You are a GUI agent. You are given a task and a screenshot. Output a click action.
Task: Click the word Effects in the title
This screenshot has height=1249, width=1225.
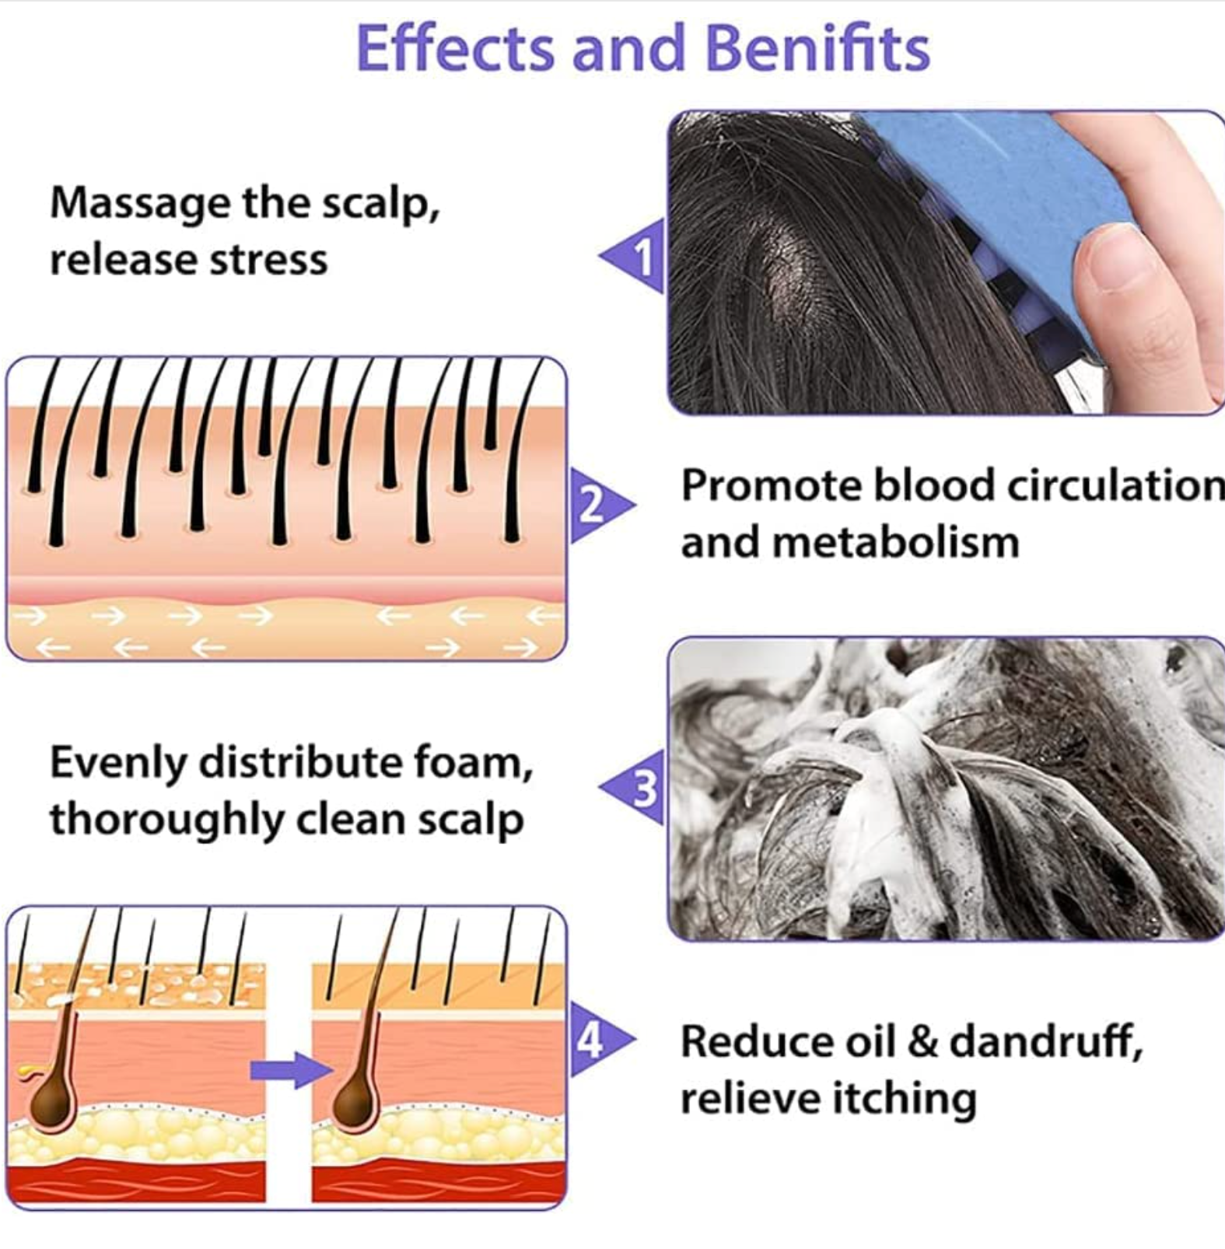coord(455,48)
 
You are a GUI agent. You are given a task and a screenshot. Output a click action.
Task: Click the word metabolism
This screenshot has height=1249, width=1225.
coord(894,543)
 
